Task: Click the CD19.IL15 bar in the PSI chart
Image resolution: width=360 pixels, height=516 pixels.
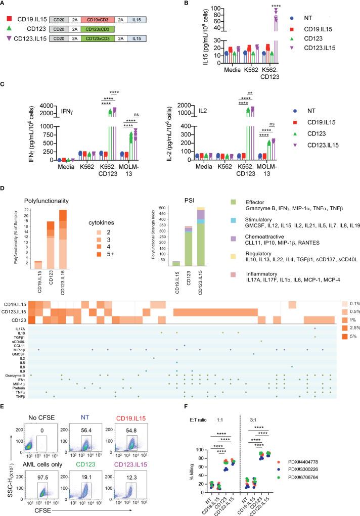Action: (176, 263)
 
